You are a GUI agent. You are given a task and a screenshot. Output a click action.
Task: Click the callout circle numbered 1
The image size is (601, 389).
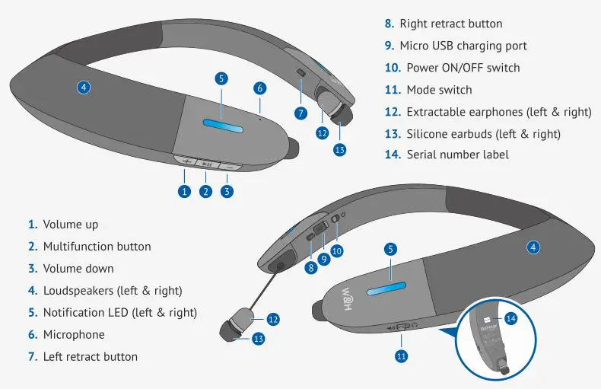183,192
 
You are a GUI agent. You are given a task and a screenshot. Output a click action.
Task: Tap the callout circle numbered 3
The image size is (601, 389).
227,192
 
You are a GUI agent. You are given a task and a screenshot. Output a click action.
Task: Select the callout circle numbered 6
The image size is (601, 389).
259,88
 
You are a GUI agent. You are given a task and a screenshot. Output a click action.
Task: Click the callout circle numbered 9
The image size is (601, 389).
323,259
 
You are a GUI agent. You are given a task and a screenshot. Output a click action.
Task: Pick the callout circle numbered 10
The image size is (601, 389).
336,250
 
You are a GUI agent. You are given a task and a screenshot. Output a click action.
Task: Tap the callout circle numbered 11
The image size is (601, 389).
402,355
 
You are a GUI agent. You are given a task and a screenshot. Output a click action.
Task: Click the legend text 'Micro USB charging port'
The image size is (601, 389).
463,46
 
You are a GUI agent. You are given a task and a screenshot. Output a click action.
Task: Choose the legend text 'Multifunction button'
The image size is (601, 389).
97,247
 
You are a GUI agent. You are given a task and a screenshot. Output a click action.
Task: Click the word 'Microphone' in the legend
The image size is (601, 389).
74,334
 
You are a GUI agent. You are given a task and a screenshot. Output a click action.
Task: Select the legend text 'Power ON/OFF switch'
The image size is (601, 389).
463,68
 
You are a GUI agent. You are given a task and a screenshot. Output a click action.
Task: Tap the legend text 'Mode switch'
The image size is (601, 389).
439,90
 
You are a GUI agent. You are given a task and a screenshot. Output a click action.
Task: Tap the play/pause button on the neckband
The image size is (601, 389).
206,162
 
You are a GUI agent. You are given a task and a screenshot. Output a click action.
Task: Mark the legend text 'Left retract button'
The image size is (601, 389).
91,356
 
